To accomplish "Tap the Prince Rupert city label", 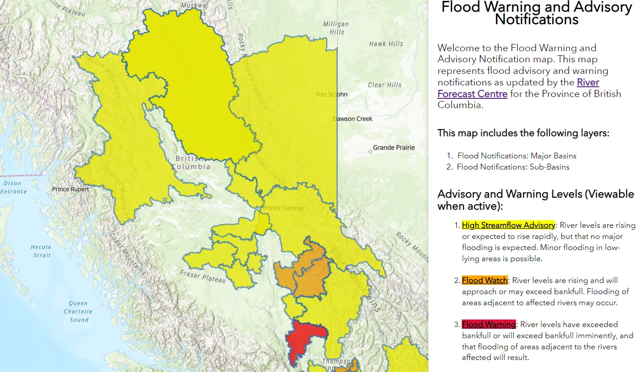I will click(x=70, y=189).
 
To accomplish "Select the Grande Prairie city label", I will click(x=394, y=147).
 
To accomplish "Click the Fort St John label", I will click(x=331, y=94).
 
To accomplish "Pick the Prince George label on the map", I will click(x=284, y=208).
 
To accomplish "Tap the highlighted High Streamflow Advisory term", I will click(x=508, y=225).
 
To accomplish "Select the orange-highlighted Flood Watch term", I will click(x=484, y=280).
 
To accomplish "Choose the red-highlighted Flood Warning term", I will click(x=488, y=324).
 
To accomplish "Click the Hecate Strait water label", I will click(x=41, y=251).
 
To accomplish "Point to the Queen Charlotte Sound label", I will click(x=78, y=311).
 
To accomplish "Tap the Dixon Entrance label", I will click(x=14, y=187).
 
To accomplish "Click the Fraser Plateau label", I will click(x=203, y=276).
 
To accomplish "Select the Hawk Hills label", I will click(x=386, y=44).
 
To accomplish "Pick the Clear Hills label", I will click(x=384, y=85).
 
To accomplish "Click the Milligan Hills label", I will click(x=336, y=28).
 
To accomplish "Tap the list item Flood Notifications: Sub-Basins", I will click(x=513, y=167).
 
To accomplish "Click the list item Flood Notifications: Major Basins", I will click(x=516, y=156).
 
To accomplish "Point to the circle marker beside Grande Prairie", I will click(x=370, y=152).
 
